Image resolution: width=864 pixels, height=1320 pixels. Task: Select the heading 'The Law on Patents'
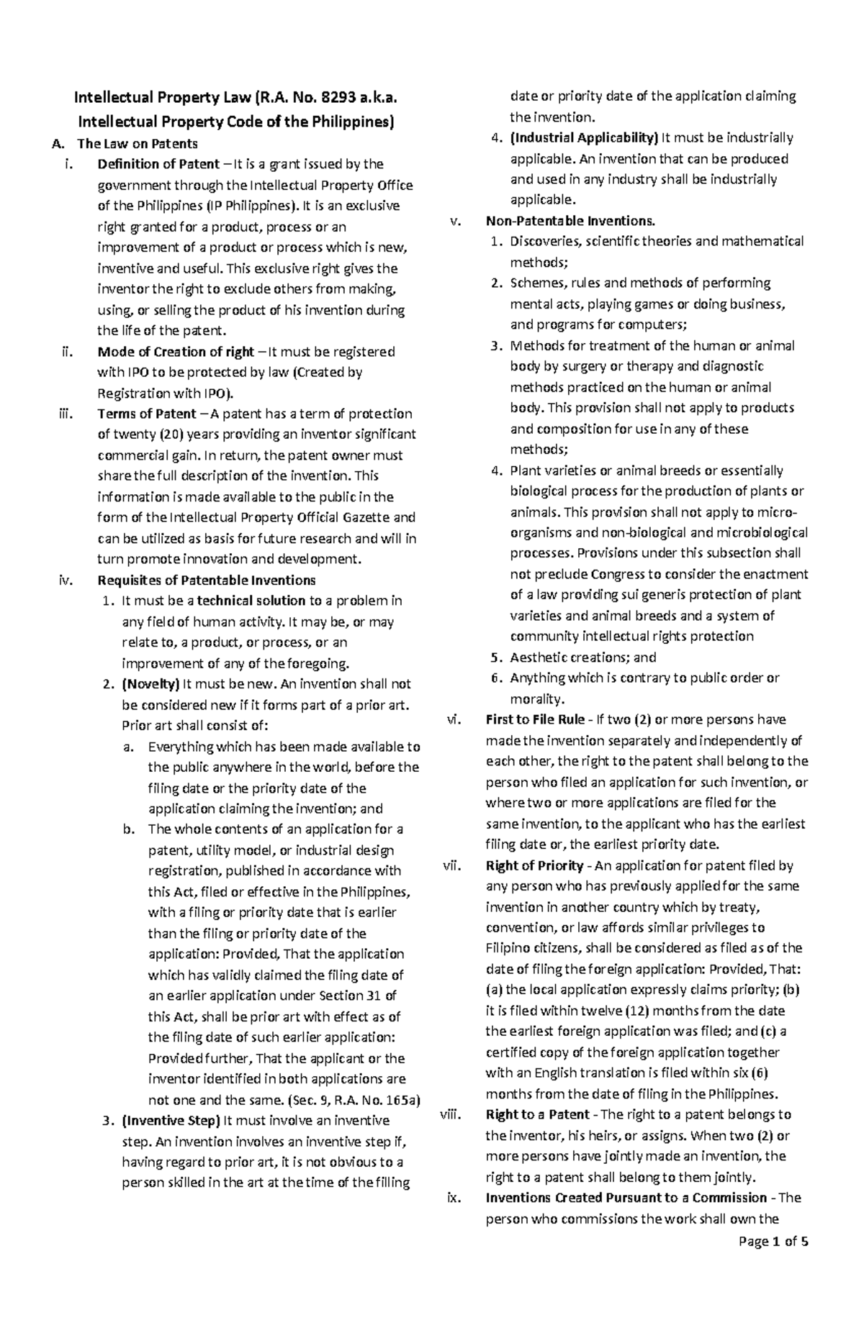pyautogui.click(x=137, y=143)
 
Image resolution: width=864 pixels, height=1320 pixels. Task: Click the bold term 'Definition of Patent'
pyautogui.click(x=158, y=164)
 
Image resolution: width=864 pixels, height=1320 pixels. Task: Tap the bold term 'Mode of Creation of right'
pyautogui.click(x=176, y=352)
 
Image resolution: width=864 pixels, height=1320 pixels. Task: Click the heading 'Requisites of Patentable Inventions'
pyautogui.click(x=207, y=580)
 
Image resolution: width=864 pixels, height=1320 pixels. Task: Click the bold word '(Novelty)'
pyautogui.click(x=150, y=684)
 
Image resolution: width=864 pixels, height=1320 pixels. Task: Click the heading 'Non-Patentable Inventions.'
pyautogui.click(x=571, y=220)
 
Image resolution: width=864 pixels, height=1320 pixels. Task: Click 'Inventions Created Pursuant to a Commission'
pyautogui.click(x=626, y=1198)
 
